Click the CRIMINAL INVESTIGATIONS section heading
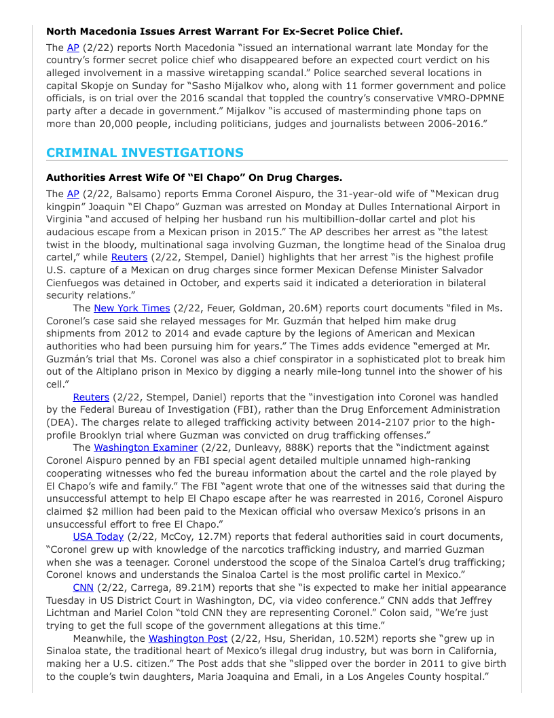point(145,153)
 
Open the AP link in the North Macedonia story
point(73,48)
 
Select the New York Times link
point(131,308)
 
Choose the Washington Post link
point(187,638)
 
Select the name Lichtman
point(72,613)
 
